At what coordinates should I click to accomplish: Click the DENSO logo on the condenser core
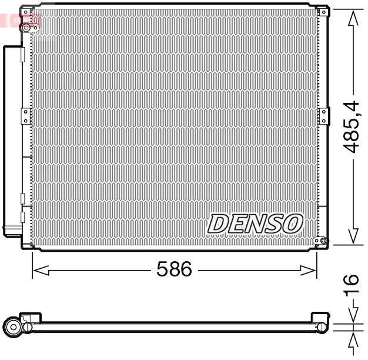(255, 224)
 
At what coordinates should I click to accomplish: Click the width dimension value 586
(174, 269)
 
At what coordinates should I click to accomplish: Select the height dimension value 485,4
(352, 126)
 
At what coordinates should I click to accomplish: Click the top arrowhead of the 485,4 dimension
(352, 18)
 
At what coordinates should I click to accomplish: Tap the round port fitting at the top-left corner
(26, 26)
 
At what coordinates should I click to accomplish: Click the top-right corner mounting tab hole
(322, 11)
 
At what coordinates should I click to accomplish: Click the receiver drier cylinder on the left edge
(12, 141)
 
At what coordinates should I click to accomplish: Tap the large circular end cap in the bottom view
(12, 326)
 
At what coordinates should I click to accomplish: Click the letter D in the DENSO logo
(219, 224)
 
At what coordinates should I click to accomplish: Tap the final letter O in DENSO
(292, 224)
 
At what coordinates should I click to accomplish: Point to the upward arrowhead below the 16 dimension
(352, 340)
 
